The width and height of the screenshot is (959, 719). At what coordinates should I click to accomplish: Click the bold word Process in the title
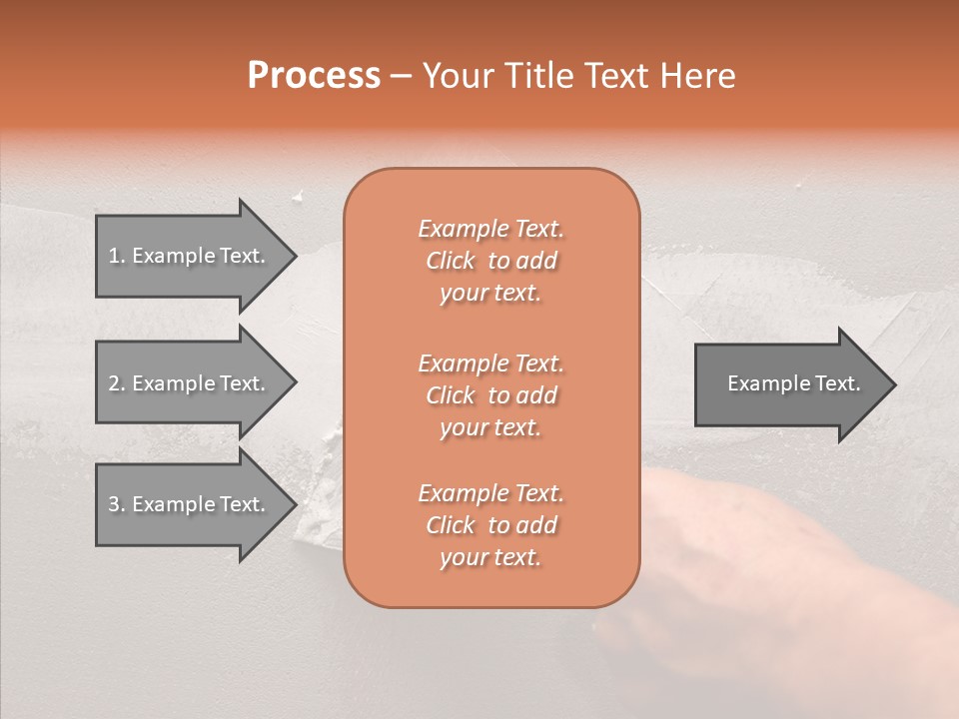pyautogui.click(x=314, y=76)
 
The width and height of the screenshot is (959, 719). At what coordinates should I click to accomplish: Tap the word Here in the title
pyautogui.click(x=697, y=76)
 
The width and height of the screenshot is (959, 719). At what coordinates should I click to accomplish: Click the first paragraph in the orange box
pyautogui.click(x=490, y=261)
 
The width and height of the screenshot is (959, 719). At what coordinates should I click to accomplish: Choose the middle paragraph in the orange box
pyautogui.click(x=490, y=395)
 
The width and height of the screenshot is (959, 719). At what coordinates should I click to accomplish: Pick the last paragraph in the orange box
pyautogui.click(x=490, y=525)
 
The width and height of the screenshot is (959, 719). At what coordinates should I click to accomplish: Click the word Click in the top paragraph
pyautogui.click(x=451, y=261)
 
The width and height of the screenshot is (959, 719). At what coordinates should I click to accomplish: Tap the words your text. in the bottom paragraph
pyautogui.click(x=490, y=558)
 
